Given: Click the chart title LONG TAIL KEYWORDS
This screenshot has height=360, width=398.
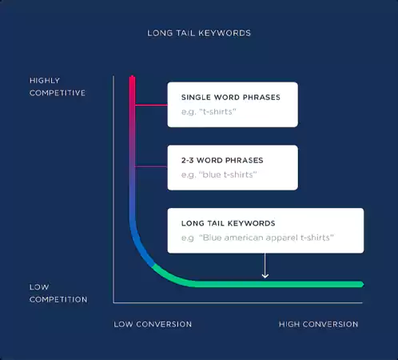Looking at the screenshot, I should tap(199, 34).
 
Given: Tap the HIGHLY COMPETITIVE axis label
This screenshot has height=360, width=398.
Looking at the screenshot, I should tap(57, 86).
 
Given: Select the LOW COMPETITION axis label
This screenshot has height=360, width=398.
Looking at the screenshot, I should tap(58, 293).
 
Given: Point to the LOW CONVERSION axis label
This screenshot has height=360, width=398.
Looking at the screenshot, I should tap(153, 324).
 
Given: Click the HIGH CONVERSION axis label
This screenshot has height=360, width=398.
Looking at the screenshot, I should tap(318, 324).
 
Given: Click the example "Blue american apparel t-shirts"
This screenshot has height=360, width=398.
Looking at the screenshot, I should tap(267, 238).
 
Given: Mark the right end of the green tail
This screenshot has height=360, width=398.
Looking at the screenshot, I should tap(360, 284).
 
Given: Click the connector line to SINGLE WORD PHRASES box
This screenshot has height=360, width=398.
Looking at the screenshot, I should tap(150, 105).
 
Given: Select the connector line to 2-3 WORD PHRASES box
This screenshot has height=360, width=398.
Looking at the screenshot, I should tap(150, 167).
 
